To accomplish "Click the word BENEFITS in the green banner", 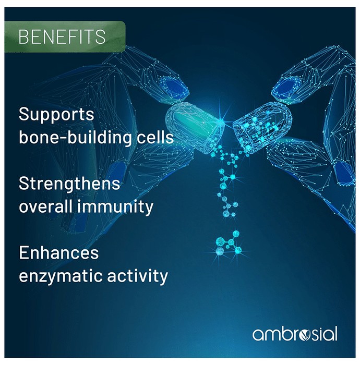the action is (62, 37).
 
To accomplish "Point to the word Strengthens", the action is (69, 184).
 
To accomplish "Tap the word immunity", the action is (115, 207).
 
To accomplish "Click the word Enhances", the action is (58, 252).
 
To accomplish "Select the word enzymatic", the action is (61, 276).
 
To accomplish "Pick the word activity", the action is (137, 276).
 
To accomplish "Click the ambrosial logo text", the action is (295, 334).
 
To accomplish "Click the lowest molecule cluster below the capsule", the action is (229, 244).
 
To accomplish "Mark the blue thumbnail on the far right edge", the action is (345, 173).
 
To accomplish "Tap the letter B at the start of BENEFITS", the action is (23, 37).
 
